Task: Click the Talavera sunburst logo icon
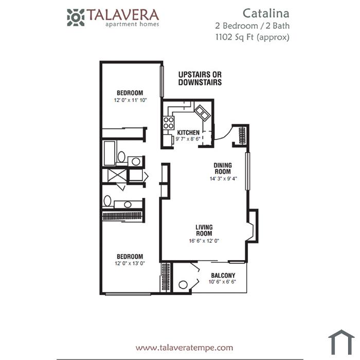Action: pyautogui.click(x=76, y=17)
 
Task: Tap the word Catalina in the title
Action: pyautogui.click(x=266, y=13)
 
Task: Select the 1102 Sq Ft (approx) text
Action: pyautogui.click(x=253, y=37)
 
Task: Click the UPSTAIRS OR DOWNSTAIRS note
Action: pyautogui.click(x=200, y=78)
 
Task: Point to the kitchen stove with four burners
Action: pyautogui.click(x=169, y=122)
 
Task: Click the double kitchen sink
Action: pyautogui.click(x=202, y=113)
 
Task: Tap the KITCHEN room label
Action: pyautogui.click(x=188, y=133)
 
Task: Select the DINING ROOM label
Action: pyautogui.click(x=223, y=168)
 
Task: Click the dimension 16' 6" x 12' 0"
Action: pyautogui.click(x=204, y=241)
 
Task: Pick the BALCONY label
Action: pyautogui.click(x=223, y=275)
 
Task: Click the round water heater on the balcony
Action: pyautogui.click(x=183, y=285)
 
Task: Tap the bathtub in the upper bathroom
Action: pyautogui.click(x=109, y=153)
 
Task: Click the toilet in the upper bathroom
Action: pyautogui.click(x=121, y=157)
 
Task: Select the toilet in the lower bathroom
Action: pyautogui.click(x=107, y=201)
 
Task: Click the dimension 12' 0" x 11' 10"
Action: pyautogui.click(x=130, y=100)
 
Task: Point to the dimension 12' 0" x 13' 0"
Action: pyautogui.click(x=130, y=263)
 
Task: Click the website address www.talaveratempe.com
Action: pyautogui.click(x=184, y=347)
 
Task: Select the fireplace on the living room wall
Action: pyautogui.click(x=253, y=226)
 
